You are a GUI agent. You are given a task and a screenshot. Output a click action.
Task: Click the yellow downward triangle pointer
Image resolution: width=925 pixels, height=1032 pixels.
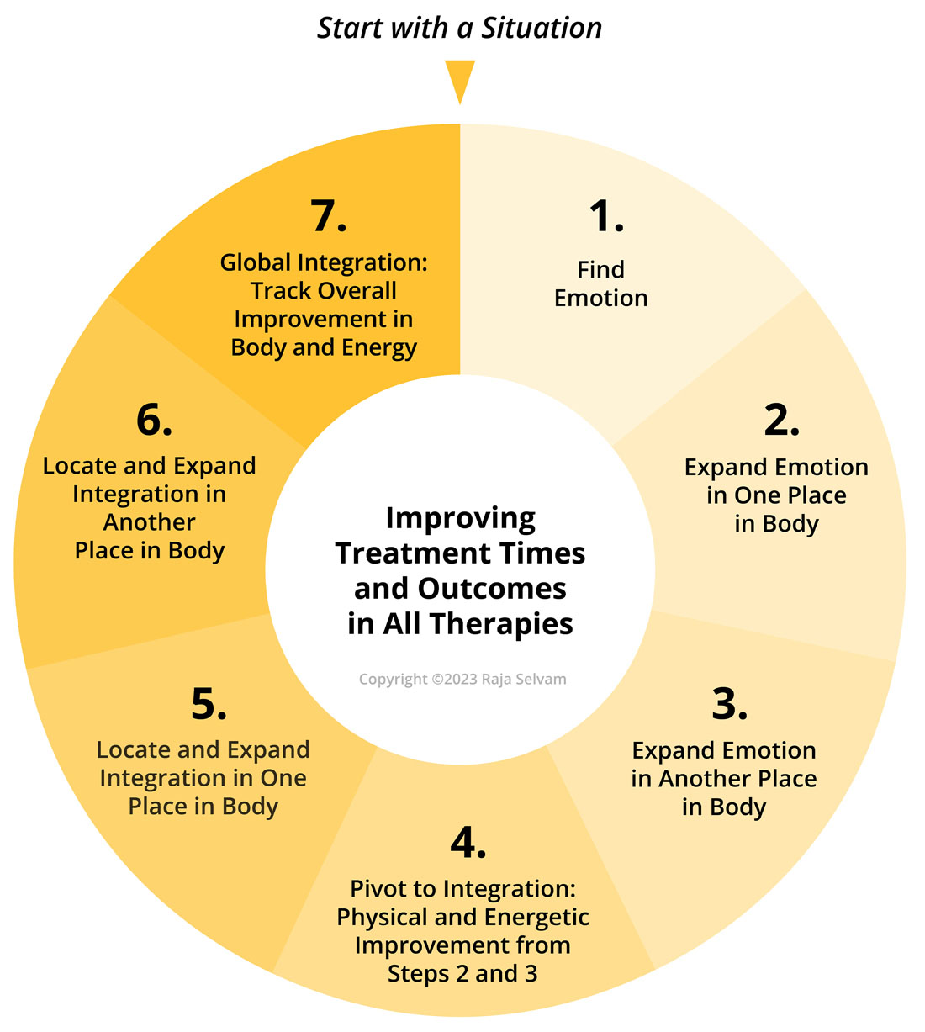[x=460, y=78]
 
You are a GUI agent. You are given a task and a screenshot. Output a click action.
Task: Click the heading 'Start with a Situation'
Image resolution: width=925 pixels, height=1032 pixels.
[x=459, y=28]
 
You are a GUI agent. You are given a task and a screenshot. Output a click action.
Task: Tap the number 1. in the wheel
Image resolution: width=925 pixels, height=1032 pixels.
[x=605, y=216]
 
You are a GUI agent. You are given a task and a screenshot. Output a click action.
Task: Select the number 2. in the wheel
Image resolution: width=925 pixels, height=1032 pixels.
[x=780, y=420]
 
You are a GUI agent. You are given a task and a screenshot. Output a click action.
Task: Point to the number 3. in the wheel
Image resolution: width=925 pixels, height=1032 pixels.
[x=729, y=704]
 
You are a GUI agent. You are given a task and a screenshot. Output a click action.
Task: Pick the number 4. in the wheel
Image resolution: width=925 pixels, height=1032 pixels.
[x=468, y=842]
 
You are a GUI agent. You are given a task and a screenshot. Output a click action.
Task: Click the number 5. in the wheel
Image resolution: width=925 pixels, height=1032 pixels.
[x=209, y=704]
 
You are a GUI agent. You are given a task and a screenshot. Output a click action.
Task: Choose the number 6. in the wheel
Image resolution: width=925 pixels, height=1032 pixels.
[x=154, y=420]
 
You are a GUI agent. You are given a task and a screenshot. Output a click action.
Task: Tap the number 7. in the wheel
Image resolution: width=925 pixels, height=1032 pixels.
[x=328, y=216]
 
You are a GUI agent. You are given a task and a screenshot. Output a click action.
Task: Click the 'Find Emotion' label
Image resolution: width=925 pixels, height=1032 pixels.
[x=600, y=283]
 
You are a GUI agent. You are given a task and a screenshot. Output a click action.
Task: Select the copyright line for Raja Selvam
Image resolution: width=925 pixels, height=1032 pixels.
[x=462, y=679]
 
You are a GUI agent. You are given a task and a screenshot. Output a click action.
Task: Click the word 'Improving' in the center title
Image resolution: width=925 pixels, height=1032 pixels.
[x=460, y=518]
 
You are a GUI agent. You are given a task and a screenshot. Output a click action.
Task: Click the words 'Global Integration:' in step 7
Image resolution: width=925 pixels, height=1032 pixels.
[x=324, y=262]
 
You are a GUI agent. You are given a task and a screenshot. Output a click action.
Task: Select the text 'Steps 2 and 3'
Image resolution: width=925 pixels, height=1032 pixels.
[x=462, y=974]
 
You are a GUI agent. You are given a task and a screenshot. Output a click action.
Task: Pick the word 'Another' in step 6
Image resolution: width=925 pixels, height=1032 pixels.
[x=150, y=522]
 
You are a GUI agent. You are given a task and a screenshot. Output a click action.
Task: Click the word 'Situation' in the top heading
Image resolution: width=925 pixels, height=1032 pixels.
[x=541, y=28]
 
